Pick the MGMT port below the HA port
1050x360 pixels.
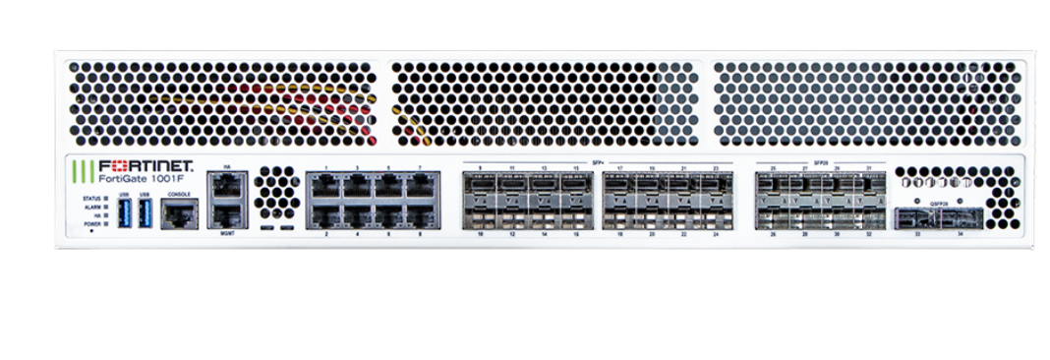[x=226, y=216]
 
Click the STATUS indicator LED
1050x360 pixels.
[x=105, y=199]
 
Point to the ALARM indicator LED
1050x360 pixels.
[x=105, y=208]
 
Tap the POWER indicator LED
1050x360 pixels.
[x=105, y=224]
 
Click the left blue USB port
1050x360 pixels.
[x=124, y=213]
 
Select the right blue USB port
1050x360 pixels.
[x=145, y=213]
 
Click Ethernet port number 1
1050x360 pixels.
[x=325, y=185]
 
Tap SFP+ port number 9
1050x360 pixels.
[x=480, y=184]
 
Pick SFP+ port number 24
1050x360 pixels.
[x=716, y=216]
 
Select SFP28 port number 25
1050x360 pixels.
[x=773, y=184]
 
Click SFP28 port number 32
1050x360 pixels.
[x=868, y=216]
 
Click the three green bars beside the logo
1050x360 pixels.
[x=84, y=172]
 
